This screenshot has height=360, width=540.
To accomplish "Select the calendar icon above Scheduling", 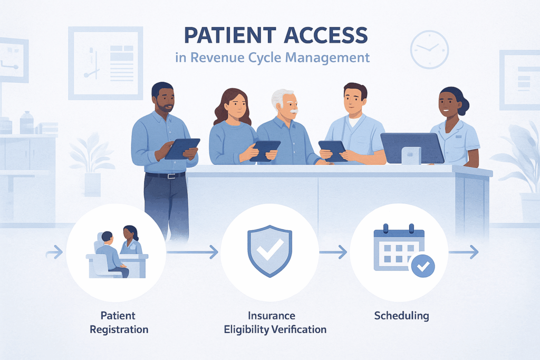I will [398, 248].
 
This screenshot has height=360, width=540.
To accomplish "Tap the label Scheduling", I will [401, 316].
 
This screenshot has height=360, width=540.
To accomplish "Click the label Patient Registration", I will [119, 323].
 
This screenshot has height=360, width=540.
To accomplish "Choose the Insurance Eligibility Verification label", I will [275, 323].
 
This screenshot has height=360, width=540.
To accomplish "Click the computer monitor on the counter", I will [412, 148].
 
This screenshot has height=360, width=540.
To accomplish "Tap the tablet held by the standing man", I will [182, 148].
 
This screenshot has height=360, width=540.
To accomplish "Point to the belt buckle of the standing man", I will [169, 176].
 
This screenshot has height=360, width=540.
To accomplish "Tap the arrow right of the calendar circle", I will [464, 253].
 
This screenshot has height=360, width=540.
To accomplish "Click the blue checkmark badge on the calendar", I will [422, 267].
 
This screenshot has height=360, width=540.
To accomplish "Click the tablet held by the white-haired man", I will [331, 149].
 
